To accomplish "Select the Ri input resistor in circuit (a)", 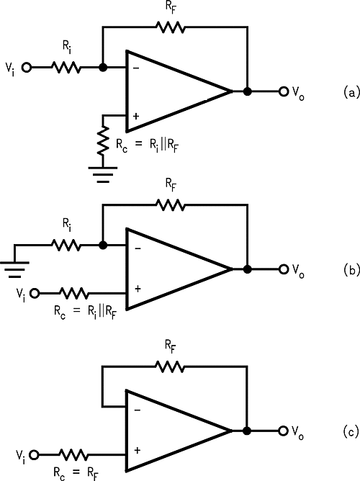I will coord(66,68).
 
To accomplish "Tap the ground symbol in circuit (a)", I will coord(104,174).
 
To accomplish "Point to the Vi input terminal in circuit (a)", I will coord(27,68).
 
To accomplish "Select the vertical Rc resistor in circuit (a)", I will coord(104,143).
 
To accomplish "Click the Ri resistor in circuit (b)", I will coord(66,246).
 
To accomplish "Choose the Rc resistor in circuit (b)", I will coord(73,293).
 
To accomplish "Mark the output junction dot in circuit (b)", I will coord(247,269).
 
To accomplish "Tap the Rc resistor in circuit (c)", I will coord(73,454).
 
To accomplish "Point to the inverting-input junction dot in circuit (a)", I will coord(104,68).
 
